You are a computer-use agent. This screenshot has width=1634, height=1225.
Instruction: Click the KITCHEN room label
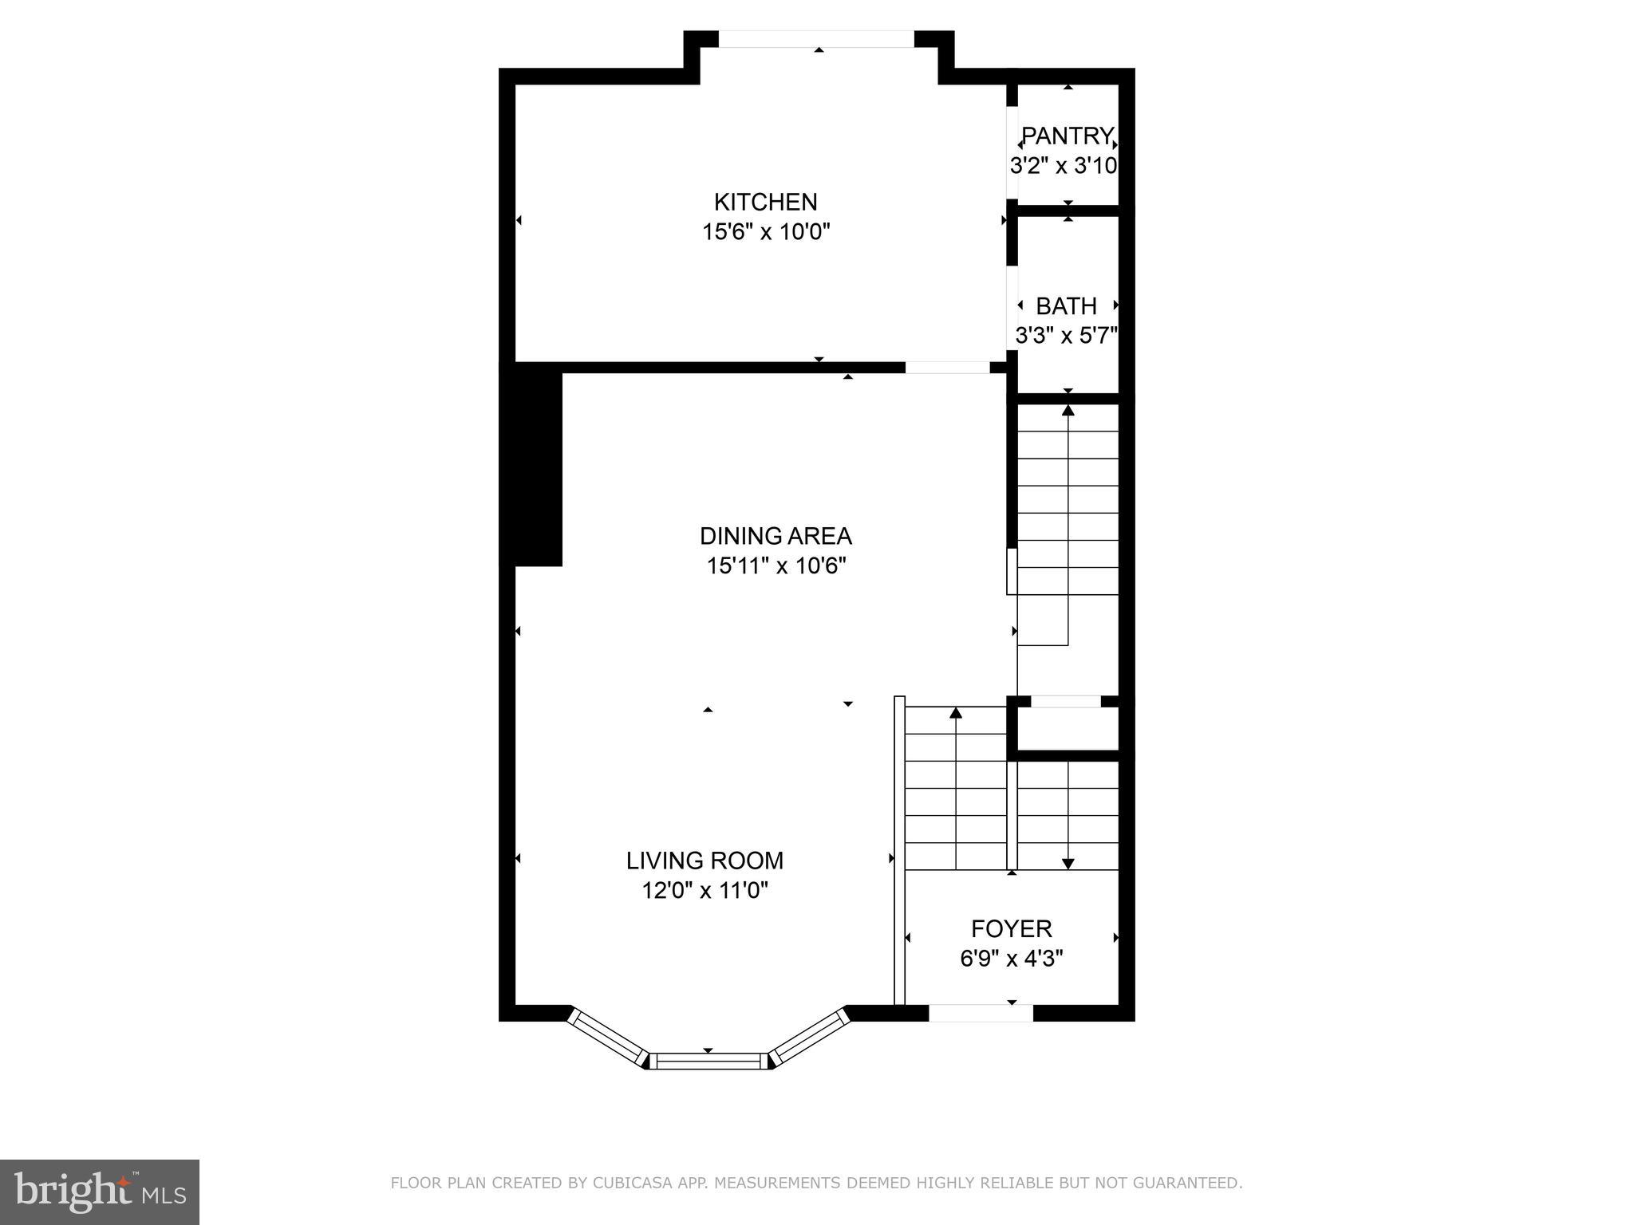[x=765, y=202]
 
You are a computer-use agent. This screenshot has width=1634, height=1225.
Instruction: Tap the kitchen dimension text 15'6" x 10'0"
[x=766, y=232]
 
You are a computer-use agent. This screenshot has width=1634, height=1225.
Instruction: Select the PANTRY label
[x=1068, y=136]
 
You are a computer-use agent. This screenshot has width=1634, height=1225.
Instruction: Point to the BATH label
[x=1066, y=306]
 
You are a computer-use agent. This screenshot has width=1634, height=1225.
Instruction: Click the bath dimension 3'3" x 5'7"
[x=1066, y=336]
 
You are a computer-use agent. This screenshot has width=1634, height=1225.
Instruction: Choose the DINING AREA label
[x=776, y=535]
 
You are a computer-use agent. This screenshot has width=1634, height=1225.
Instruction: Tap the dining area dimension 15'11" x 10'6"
[x=776, y=565]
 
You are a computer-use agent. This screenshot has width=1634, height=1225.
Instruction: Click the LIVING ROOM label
[x=705, y=861]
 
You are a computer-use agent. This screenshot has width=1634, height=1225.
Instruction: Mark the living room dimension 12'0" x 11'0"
[x=705, y=890]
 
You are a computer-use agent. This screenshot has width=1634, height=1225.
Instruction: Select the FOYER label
[x=1011, y=928]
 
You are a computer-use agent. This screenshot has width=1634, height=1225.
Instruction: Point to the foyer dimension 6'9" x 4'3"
[x=1011, y=959]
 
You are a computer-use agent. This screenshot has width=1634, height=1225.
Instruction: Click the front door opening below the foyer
[x=981, y=1013]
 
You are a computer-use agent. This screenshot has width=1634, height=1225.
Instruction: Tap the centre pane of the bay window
[x=708, y=1061]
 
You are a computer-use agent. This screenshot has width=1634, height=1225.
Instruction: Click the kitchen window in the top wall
[x=816, y=38]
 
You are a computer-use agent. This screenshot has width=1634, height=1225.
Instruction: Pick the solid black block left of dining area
[x=532, y=467]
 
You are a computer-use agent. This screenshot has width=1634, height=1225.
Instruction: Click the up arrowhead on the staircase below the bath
[x=1068, y=411]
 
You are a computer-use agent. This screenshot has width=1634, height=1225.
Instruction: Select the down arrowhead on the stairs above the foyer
[x=1068, y=864]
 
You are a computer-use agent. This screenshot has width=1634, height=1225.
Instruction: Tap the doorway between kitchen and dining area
[x=947, y=368]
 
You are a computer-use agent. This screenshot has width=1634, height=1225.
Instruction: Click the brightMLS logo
[x=100, y=1192]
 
